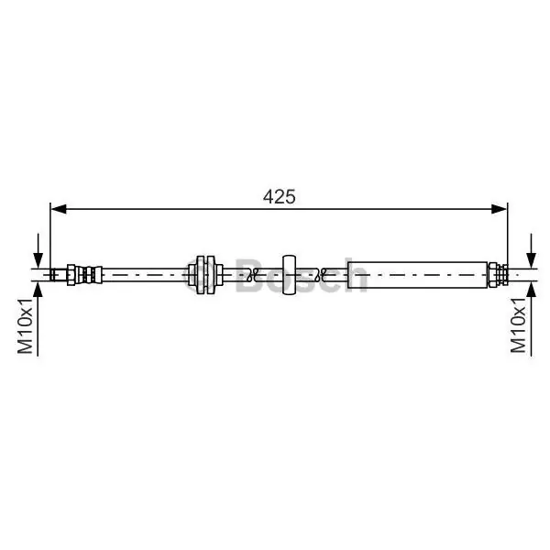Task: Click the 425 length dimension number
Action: click(x=280, y=197)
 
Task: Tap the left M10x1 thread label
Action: click(x=26, y=325)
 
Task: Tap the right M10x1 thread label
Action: click(x=519, y=325)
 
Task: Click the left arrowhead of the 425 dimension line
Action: click(x=59, y=209)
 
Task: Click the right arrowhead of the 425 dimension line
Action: click(x=500, y=209)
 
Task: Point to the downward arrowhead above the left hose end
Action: click(x=38, y=260)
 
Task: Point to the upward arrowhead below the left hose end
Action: click(x=38, y=290)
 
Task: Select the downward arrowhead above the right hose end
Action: click(x=532, y=260)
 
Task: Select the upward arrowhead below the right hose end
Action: click(x=532, y=290)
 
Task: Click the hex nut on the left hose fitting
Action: click(x=71, y=275)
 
